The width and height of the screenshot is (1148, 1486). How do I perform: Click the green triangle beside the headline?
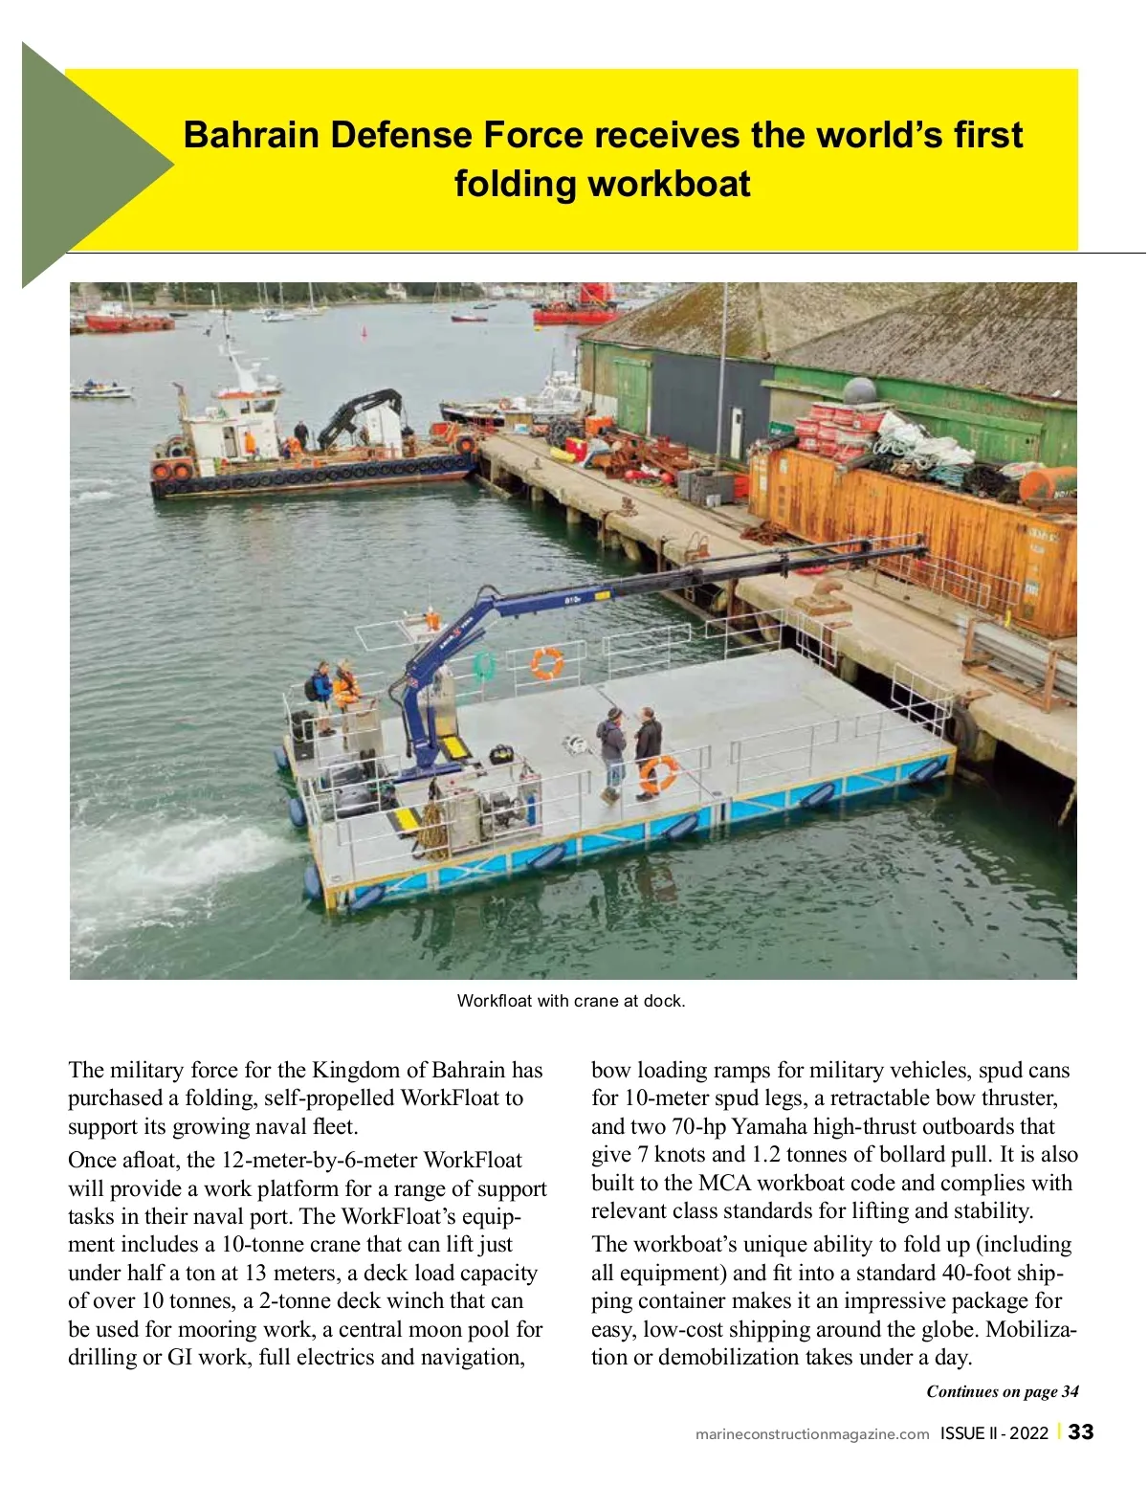click(x=86, y=165)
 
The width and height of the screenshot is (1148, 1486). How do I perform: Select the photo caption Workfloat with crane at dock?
click(x=571, y=1001)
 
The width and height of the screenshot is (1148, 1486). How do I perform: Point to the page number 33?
click(x=1081, y=1432)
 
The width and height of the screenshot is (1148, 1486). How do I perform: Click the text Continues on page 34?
click(x=1002, y=1391)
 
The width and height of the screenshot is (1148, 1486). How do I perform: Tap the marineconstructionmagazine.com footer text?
click(x=812, y=1433)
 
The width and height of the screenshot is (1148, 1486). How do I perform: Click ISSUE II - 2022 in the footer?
click(x=994, y=1433)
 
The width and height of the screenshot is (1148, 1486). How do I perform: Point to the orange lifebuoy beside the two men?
click(x=659, y=770)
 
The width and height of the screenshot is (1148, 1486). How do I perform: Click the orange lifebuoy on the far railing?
click(x=547, y=662)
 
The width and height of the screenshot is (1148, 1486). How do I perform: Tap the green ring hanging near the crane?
click(x=485, y=666)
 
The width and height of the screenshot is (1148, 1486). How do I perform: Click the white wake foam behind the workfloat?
click(x=172, y=856)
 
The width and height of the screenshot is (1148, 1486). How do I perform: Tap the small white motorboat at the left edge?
click(x=99, y=389)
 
